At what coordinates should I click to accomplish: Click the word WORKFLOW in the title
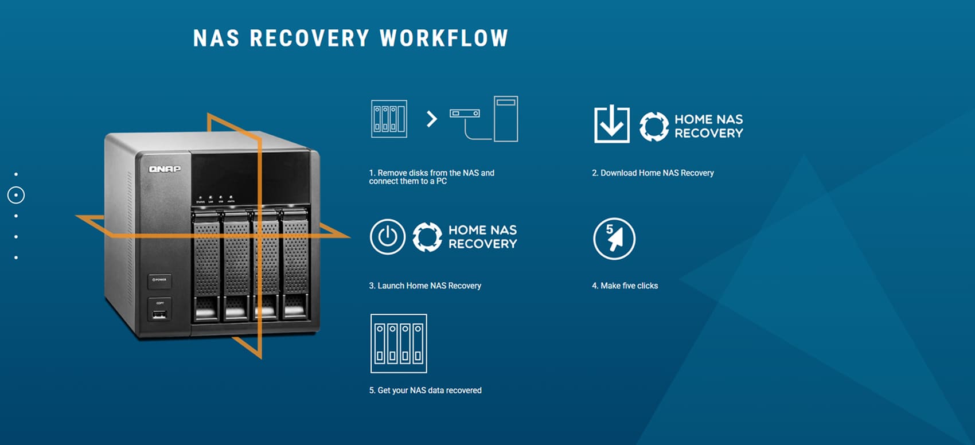click(444, 38)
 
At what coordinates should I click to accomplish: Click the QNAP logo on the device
click(165, 169)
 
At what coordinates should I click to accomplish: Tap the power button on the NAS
click(159, 280)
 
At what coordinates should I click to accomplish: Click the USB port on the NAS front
click(159, 314)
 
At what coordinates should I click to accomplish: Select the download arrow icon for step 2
click(611, 124)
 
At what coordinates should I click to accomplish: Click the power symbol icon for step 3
click(387, 236)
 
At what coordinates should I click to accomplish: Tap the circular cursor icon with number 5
click(614, 238)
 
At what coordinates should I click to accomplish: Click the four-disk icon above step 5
click(399, 343)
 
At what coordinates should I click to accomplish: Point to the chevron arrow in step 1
click(432, 119)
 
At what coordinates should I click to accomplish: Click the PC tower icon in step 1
click(505, 119)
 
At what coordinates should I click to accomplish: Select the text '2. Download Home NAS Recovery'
click(653, 173)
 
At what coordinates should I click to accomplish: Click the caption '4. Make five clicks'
click(625, 286)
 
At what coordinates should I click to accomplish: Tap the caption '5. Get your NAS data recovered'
click(425, 390)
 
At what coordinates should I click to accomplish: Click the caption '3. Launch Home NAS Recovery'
click(424, 286)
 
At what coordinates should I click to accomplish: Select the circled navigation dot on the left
click(16, 195)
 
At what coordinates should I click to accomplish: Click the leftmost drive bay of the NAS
click(206, 264)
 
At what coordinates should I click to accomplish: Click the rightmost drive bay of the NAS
click(295, 264)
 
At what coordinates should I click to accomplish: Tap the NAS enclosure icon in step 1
click(389, 119)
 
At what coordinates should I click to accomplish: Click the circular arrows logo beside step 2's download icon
click(654, 126)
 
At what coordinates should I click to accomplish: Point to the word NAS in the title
click(216, 38)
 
